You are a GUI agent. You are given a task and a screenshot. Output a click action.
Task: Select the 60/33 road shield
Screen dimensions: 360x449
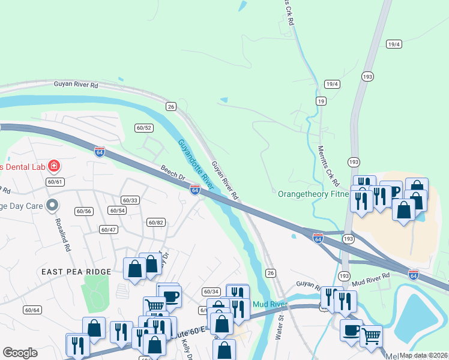pyautogui.click(x=130, y=200)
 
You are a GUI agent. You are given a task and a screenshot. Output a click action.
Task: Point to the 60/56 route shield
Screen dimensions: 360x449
pyautogui.click(x=84, y=211)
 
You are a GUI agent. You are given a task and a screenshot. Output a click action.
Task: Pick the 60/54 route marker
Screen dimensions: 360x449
pyautogui.click(x=117, y=211)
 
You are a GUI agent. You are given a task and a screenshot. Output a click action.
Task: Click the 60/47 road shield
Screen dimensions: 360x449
pyautogui.click(x=108, y=230)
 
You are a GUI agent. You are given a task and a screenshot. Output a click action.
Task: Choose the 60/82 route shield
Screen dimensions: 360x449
pyautogui.click(x=155, y=223)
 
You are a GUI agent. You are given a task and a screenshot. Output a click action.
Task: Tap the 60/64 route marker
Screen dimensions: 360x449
pyautogui.click(x=32, y=310)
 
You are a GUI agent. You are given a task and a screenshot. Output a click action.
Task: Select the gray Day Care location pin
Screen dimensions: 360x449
pyautogui.click(x=52, y=205)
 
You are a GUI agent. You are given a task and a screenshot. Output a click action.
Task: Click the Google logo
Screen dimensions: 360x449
pyautogui.click(x=20, y=353)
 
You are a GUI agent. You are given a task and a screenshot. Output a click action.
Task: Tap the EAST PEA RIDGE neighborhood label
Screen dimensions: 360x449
pyautogui.click(x=76, y=272)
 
